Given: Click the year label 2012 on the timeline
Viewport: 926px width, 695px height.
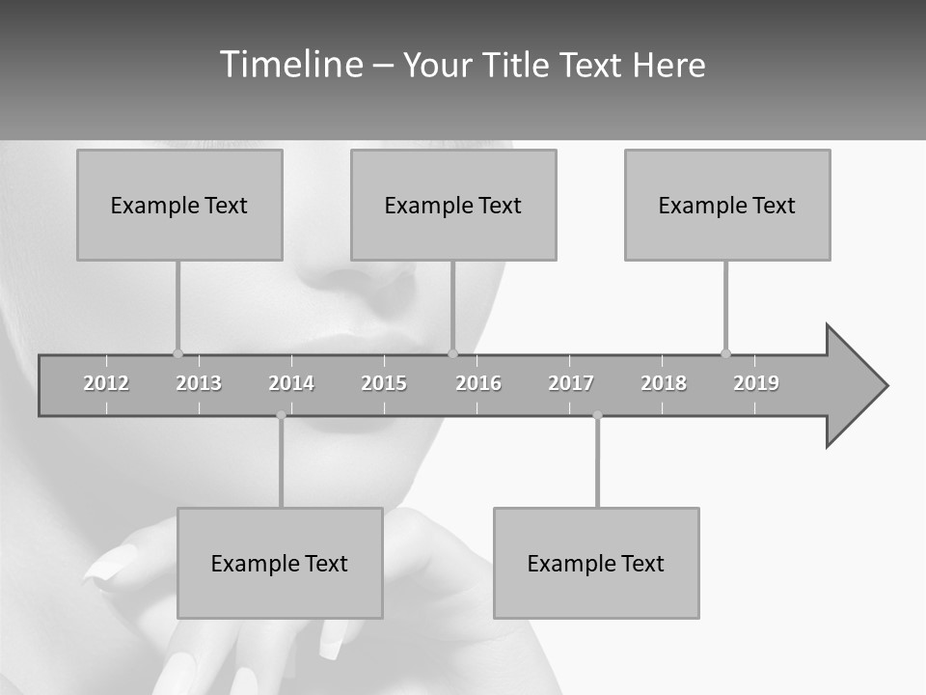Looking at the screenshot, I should click(106, 383).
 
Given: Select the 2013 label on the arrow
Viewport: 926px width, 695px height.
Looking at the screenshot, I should click(199, 383).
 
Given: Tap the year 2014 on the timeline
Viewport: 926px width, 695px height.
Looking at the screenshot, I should click(291, 383).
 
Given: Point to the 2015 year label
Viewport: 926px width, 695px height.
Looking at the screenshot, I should click(384, 383).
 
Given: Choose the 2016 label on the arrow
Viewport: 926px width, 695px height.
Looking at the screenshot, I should click(478, 383).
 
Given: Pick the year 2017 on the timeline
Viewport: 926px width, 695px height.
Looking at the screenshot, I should click(571, 383).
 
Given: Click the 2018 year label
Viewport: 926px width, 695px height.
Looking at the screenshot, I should click(664, 383).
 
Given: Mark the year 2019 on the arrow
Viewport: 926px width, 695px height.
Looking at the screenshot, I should click(756, 383).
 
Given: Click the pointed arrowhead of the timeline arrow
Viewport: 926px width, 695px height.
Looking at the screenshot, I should click(858, 386).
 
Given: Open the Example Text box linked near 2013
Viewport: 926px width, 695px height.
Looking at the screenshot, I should click(179, 205).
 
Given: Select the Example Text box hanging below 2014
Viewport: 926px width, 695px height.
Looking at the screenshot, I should click(280, 563).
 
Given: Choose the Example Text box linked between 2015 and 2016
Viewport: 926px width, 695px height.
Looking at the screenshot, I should click(453, 205).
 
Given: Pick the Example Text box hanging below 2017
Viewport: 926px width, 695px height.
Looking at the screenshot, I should click(596, 563).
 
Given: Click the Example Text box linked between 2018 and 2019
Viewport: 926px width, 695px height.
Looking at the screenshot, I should click(727, 205).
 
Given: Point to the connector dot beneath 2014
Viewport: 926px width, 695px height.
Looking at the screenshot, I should click(281, 415).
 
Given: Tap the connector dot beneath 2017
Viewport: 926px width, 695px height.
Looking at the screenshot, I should click(597, 415).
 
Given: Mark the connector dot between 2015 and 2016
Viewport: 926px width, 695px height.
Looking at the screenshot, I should click(453, 353).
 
